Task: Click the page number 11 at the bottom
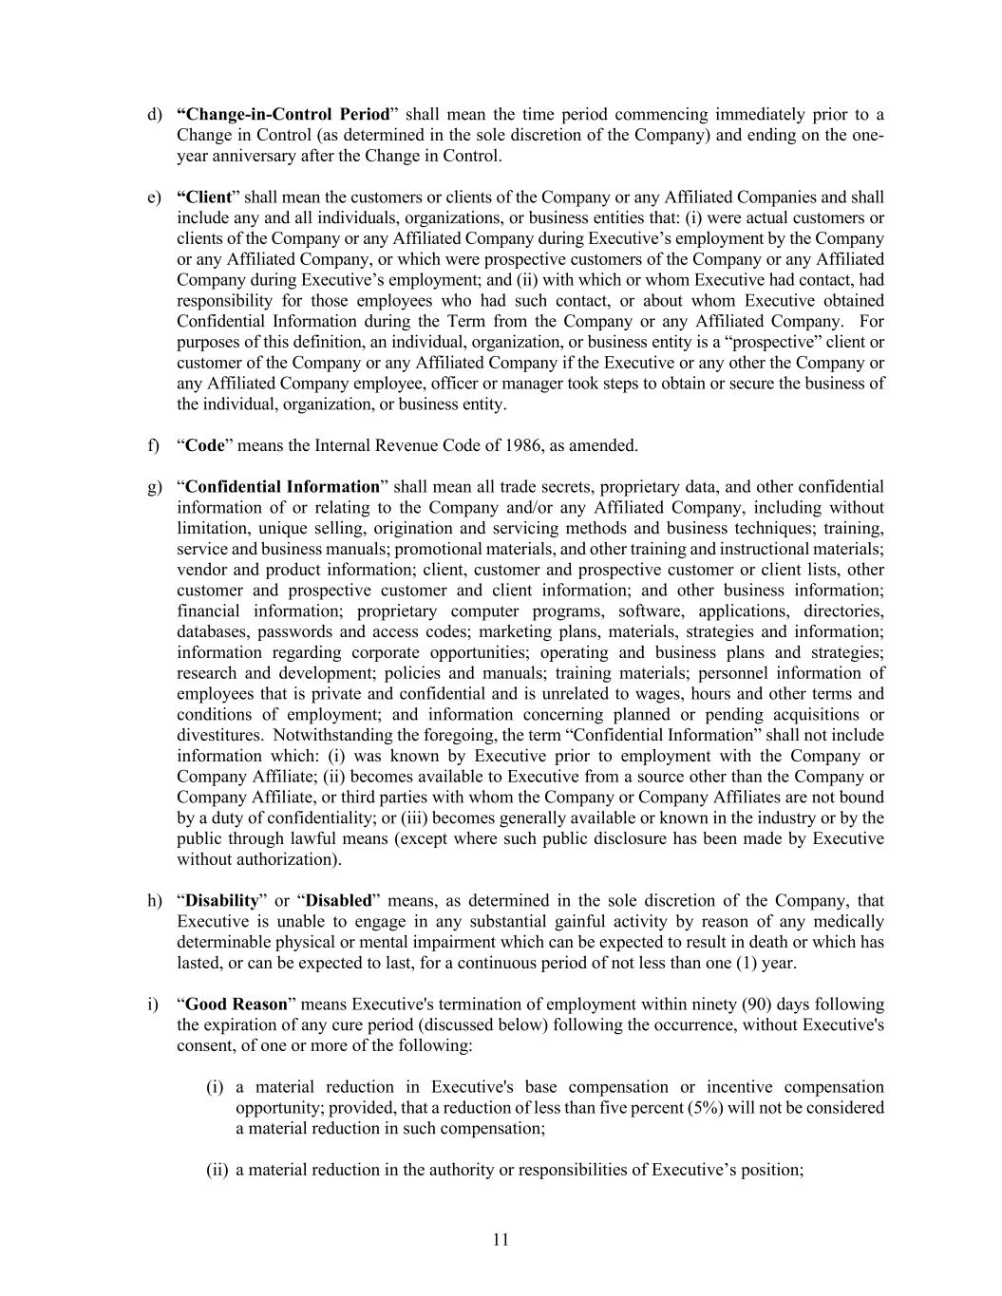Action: click(501, 1239)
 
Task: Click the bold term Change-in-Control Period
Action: click(283, 115)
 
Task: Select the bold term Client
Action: click(205, 197)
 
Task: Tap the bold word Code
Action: click(204, 445)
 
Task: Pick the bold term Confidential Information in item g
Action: click(282, 487)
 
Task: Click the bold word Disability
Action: click(221, 900)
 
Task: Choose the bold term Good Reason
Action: click(236, 1004)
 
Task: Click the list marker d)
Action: click(155, 115)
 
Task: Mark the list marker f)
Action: click(154, 445)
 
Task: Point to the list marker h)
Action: click(155, 900)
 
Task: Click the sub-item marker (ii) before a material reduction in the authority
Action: click(217, 1170)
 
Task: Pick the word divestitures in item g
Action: click(217, 735)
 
